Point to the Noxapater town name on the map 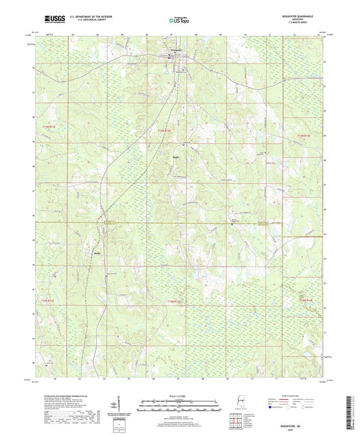[x=176, y=51]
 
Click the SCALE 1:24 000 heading [x=180, y=396]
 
